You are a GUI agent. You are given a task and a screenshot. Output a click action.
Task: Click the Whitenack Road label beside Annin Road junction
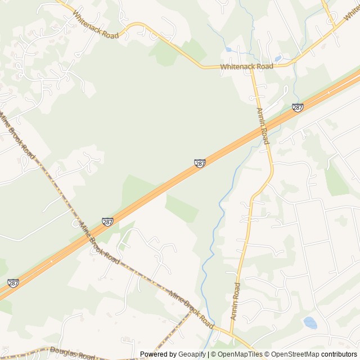(x=246, y=66)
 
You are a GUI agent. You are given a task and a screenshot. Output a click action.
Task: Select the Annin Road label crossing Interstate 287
(x=263, y=126)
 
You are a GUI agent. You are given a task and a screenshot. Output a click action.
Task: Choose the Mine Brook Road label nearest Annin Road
(x=191, y=309)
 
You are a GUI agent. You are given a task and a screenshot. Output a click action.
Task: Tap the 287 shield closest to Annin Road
(x=298, y=107)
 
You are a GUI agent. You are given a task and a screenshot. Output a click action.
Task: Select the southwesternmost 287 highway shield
(x=13, y=283)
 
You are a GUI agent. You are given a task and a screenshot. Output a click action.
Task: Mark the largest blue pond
(x=310, y=323)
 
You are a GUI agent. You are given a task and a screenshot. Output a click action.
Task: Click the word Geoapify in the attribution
(x=192, y=354)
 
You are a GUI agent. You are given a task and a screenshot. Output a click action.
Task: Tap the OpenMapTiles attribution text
(x=239, y=354)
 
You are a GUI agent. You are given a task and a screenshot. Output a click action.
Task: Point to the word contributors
(x=339, y=354)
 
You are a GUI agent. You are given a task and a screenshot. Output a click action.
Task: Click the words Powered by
(x=158, y=354)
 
